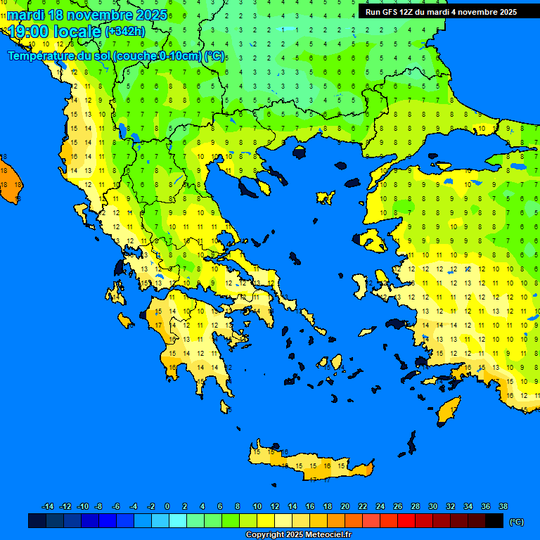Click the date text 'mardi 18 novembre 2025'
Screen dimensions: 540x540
(87, 15)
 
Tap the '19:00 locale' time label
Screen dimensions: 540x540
(54, 31)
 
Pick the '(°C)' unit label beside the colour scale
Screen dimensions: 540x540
(517, 522)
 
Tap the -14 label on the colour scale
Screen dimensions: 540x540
(48, 506)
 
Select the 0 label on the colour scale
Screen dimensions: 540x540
(167, 506)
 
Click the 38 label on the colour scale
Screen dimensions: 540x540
(503, 506)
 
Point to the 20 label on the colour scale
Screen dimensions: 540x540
(345, 506)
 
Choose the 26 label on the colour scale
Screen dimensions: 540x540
(397, 506)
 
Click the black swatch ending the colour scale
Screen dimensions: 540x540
(494, 521)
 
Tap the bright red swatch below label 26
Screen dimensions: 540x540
(406, 521)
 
